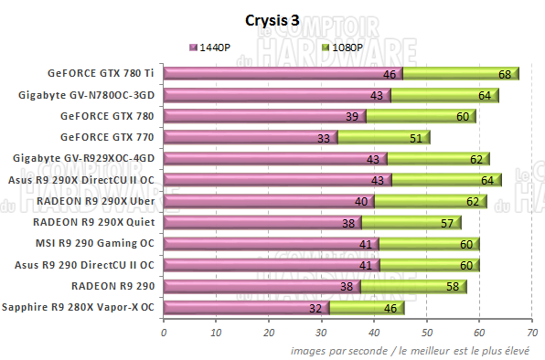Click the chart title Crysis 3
click(272, 19)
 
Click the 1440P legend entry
click(216, 47)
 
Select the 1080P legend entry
click(346, 47)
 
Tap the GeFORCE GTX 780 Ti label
click(102, 74)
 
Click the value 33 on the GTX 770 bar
click(323, 138)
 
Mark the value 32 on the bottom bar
click(316, 308)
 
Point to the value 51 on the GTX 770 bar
click(415, 138)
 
